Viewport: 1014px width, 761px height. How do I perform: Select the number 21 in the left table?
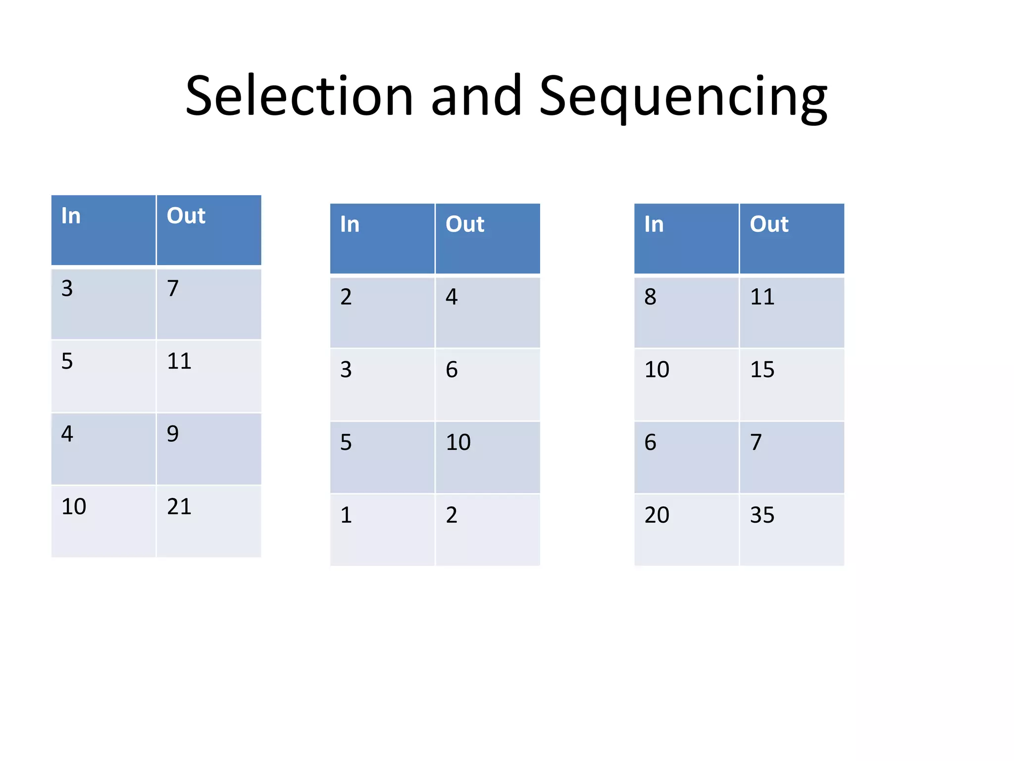179,507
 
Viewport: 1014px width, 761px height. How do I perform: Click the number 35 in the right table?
762,515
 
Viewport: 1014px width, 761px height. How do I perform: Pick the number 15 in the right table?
762,370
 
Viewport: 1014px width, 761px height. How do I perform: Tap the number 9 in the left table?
172,434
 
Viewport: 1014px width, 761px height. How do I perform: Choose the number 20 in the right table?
657,515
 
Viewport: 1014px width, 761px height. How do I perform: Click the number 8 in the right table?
650,297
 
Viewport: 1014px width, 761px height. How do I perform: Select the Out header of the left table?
186,216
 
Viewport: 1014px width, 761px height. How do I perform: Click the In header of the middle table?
350,224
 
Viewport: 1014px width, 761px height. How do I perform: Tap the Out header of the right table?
769,224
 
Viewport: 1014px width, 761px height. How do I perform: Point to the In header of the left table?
71,216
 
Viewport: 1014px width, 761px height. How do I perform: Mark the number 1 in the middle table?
346,515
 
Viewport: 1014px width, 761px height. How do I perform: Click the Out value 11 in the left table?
179,361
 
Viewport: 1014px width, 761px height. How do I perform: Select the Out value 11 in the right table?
762,297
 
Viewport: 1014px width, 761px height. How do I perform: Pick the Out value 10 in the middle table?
458,442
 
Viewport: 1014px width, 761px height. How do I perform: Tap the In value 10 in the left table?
74,507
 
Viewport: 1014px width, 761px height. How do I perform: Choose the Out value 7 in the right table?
756,442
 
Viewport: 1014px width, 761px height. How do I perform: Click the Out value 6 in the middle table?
452,370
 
